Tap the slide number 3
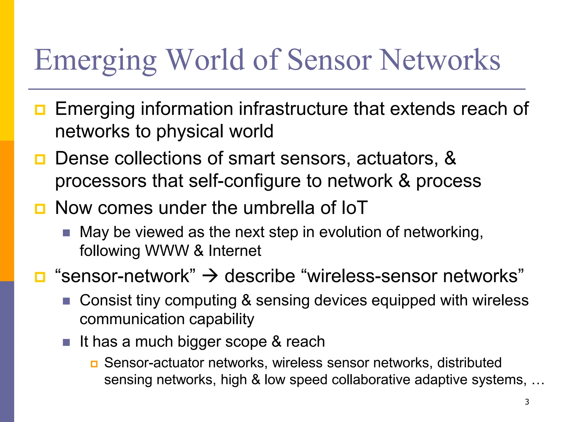click(x=527, y=402)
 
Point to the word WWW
click(x=167, y=251)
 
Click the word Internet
click(x=235, y=251)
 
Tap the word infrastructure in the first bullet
click(x=293, y=109)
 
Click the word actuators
click(x=397, y=159)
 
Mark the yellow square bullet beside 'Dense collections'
click(x=40, y=159)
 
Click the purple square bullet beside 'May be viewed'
click(x=66, y=233)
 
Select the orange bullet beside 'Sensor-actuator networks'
click(x=94, y=364)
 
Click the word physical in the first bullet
click(x=190, y=131)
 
